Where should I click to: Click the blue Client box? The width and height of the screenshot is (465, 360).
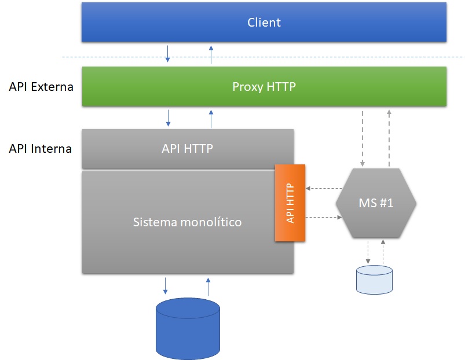[263, 23]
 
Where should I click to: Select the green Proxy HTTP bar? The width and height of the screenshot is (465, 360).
[263, 87]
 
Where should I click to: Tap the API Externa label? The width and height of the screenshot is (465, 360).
[41, 87]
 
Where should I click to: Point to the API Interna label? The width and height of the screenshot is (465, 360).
[41, 149]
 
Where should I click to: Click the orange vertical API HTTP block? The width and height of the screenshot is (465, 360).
[290, 203]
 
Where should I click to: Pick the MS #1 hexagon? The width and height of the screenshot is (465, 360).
[376, 203]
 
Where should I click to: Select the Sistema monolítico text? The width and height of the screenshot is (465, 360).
[187, 222]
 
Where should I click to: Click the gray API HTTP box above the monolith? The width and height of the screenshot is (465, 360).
[187, 149]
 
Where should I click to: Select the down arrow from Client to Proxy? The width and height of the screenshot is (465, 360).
[168, 53]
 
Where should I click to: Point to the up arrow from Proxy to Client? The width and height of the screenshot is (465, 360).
[211, 53]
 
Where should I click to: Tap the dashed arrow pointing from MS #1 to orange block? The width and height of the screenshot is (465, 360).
[324, 188]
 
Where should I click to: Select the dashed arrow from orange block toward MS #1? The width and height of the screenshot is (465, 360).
[324, 218]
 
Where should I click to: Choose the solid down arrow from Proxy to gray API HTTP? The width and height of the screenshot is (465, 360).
[169, 117]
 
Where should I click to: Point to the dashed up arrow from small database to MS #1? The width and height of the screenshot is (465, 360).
[383, 251]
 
